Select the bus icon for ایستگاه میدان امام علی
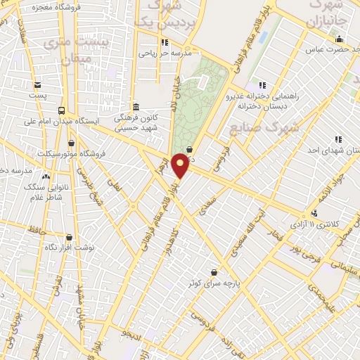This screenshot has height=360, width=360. pos(62,110)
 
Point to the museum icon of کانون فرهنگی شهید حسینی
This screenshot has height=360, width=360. pos(135,107)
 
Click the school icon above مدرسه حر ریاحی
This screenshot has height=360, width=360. pos(165,41)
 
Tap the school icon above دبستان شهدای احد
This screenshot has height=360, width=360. pos(337,139)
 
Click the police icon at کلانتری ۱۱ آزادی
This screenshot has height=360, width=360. pos(314,214)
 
